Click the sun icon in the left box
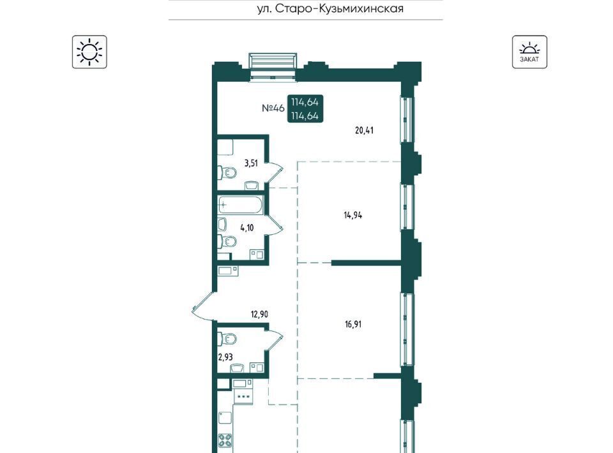coord(89,52)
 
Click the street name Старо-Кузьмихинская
coord(340,8)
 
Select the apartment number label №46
coord(273,108)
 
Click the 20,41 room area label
coord(364,130)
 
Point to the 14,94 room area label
coord(352,215)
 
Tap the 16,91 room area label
coord(352,324)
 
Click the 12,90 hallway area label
coord(259,315)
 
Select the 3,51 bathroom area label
coord(251,163)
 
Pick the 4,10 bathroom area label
coord(246,228)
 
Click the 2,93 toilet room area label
coord(225,357)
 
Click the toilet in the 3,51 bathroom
coord(227,172)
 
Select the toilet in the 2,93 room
coord(227,338)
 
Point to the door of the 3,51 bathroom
coord(274,172)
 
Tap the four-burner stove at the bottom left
coord(225,442)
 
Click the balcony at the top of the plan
coord(273,66)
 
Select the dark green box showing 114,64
coord(305,109)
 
